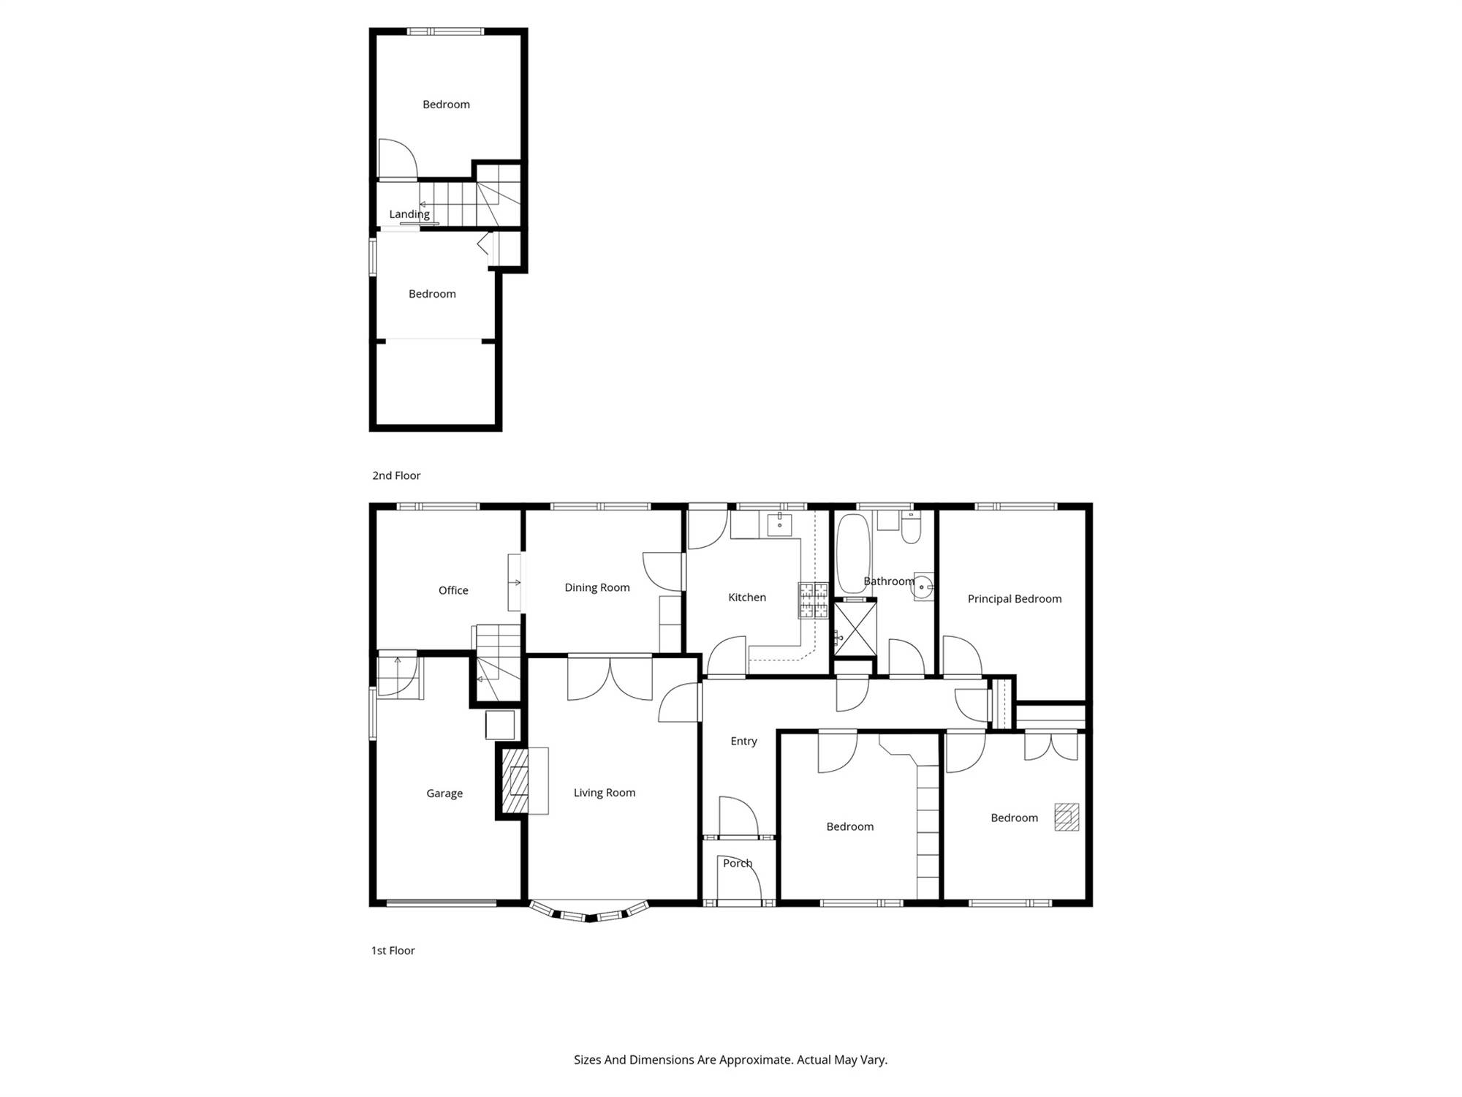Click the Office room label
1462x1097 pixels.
point(453,590)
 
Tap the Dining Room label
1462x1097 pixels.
point(597,587)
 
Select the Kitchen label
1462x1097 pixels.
point(747,597)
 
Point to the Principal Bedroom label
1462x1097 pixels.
point(1015,598)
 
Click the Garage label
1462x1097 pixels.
point(444,793)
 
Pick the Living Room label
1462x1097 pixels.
point(605,793)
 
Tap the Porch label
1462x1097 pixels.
point(738,863)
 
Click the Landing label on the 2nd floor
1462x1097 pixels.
point(409,214)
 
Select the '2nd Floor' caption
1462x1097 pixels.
point(396,475)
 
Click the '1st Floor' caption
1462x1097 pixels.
point(393,951)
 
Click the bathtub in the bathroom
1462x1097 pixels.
point(852,554)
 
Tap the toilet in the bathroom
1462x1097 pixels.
point(911,527)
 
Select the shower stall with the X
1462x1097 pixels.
point(855,627)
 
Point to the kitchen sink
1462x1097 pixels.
point(779,524)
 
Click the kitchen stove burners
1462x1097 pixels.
point(813,600)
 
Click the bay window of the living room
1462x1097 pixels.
point(589,912)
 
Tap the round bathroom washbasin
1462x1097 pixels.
point(924,586)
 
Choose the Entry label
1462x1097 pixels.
point(743,742)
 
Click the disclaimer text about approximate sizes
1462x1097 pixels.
point(730,1060)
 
